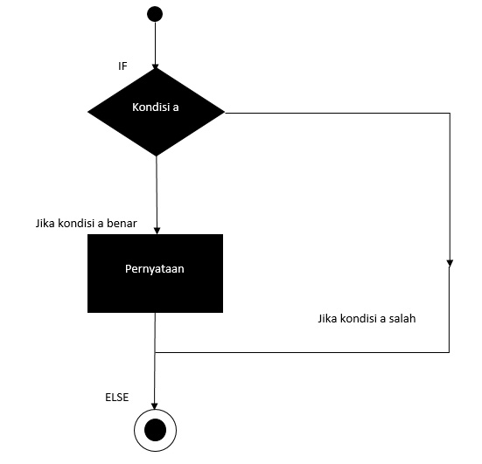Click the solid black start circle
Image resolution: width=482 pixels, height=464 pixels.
click(155, 13)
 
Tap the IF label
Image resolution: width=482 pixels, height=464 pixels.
click(122, 66)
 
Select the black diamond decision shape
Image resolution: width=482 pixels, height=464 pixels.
click(156, 111)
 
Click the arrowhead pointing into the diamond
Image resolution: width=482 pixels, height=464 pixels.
click(156, 64)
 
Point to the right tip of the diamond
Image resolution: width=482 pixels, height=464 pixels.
click(223, 111)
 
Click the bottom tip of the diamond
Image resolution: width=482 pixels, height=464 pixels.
click(156, 155)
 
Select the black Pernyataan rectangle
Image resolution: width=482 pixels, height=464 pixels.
click(155, 273)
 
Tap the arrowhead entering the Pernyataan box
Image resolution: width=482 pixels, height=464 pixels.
click(156, 231)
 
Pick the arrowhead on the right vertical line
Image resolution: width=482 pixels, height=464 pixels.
click(450, 262)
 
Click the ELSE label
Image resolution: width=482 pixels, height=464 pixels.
click(116, 397)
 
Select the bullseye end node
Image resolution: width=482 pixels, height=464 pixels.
click(156, 430)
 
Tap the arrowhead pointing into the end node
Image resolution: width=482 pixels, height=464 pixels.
click(156, 405)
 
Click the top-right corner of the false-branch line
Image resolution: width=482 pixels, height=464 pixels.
click(450, 112)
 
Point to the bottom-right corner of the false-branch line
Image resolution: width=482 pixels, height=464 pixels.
click(450, 352)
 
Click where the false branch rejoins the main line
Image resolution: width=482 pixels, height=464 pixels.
click(156, 352)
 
